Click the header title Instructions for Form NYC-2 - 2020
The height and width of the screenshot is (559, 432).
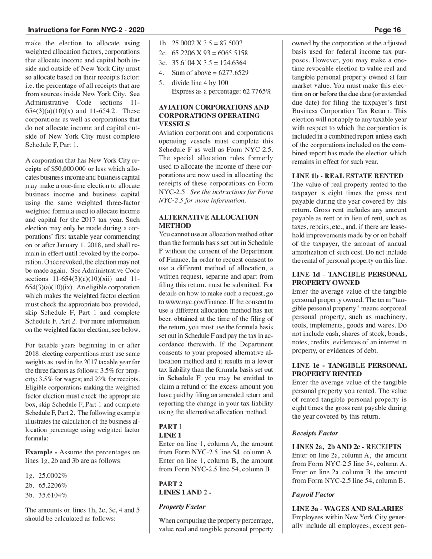[x=86, y=30]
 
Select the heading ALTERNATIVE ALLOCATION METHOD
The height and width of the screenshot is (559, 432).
[x=208, y=221]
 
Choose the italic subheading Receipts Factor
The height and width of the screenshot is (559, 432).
[x=315, y=433]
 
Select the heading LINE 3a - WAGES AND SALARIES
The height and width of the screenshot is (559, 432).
[x=347, y=509]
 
